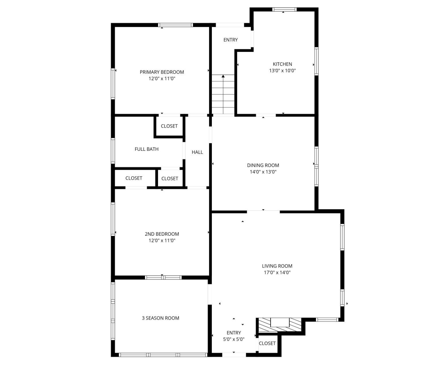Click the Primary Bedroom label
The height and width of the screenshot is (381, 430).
[162, 72]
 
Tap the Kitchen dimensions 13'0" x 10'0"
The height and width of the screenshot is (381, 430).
[282, 71]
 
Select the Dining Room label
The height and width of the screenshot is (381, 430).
[263, 165]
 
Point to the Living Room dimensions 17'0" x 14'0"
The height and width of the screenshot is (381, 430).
[277, 273]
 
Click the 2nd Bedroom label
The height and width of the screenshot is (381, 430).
[162, 234]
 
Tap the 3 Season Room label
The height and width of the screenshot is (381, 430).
[160, 318]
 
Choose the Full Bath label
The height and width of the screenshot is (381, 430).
[146, 149]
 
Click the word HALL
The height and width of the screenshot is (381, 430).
[197, 152]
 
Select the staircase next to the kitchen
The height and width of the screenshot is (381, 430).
[223, 95]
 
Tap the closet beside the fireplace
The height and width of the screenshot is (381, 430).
[267, 343]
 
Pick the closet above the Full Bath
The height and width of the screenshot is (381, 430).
[169, 126]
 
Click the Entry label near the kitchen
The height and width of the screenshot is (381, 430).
[230, 40]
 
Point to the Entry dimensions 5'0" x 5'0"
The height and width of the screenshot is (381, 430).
[234, 339]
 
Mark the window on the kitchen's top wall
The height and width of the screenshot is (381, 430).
[284, 9]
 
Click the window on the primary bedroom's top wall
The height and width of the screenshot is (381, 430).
[175, 25]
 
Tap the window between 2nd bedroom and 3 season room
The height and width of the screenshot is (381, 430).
[163, 277]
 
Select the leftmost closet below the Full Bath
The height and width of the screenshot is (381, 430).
[134, 178]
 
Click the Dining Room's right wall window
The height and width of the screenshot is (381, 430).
[316, 166]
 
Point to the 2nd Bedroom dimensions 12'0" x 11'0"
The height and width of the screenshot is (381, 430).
[162, 241]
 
